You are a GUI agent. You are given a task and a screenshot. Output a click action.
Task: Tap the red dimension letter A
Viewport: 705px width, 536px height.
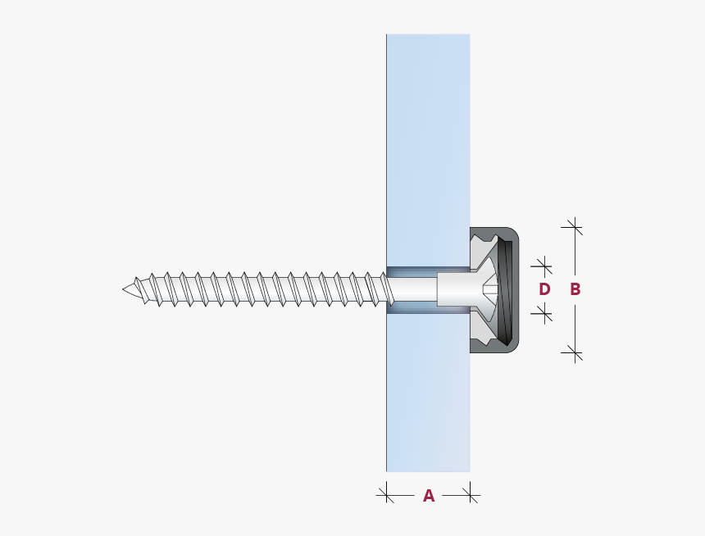coord(428,495)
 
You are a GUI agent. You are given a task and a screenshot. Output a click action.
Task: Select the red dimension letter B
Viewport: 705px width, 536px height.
coord(575,289)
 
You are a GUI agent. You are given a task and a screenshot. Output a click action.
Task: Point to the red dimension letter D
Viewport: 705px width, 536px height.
coord(544,289)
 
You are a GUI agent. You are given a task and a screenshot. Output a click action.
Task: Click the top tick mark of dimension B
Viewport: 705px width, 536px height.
coord(575,226)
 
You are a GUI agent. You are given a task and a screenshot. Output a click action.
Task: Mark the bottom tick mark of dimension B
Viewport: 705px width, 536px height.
coord(575,353)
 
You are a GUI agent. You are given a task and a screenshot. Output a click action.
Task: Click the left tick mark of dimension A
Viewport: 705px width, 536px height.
coord(385,494)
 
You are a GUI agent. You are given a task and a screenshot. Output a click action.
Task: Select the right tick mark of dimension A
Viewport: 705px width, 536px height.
coord(471,494)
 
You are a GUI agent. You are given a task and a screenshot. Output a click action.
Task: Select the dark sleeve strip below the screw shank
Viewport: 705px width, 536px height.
coord(426,308)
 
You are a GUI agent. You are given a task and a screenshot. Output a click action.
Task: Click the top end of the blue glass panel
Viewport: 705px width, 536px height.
coord(428,38)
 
